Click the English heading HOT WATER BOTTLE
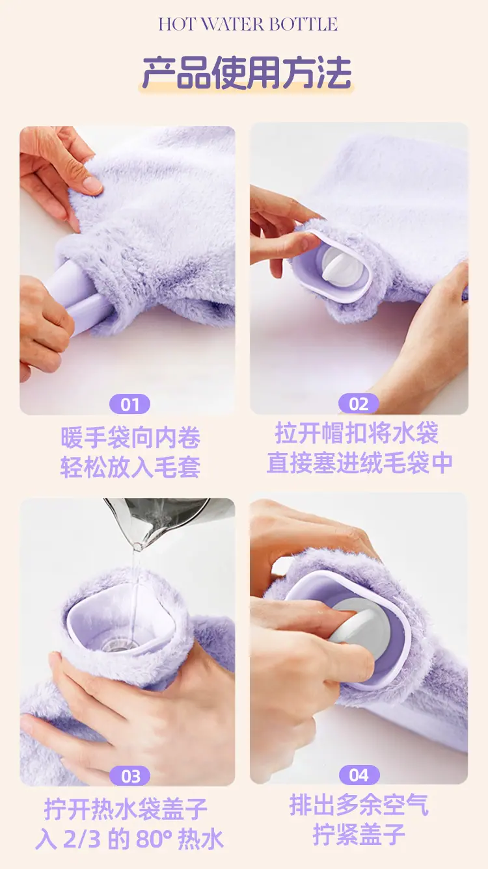click(x=248, y=25)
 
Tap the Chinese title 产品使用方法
click(x=247, y=73)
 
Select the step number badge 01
click(x=129, y=405)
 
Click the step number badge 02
click(x=359, y=404)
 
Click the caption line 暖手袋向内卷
click(x=130, y=437)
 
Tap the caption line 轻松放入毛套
click(x=130, y=467)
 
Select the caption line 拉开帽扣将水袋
click(x=357, y=433)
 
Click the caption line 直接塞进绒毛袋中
click(x=360, y=462)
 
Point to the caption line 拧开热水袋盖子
click(x=126, y=809)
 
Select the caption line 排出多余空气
click(x=359, y=805)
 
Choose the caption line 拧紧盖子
click(x=359, y=834)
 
